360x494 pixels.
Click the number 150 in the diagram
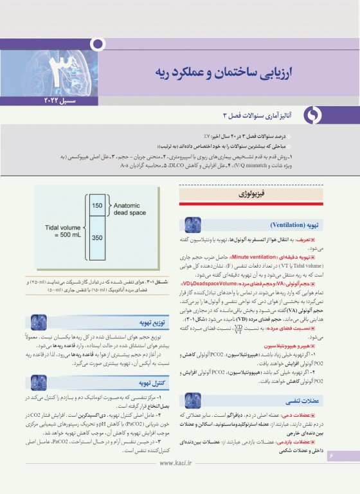pyautogui.click(x=97, y=205)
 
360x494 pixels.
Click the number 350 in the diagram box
pyautogui.click(x=97, y=237)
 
